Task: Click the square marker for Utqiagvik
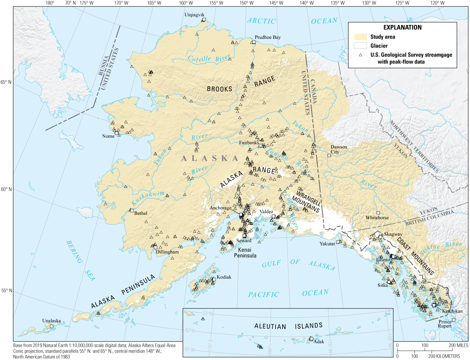point(203,20)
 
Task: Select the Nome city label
point(108,137)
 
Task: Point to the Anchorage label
point(221,208)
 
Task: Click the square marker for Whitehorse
point(378,213)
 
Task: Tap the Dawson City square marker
point(329,155)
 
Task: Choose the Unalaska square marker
point(52,326)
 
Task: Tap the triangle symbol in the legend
point(360,55)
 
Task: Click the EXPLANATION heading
point(402,27)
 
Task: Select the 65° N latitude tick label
point(6,82)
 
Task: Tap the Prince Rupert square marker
point(453,320)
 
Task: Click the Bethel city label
point(140,213)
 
